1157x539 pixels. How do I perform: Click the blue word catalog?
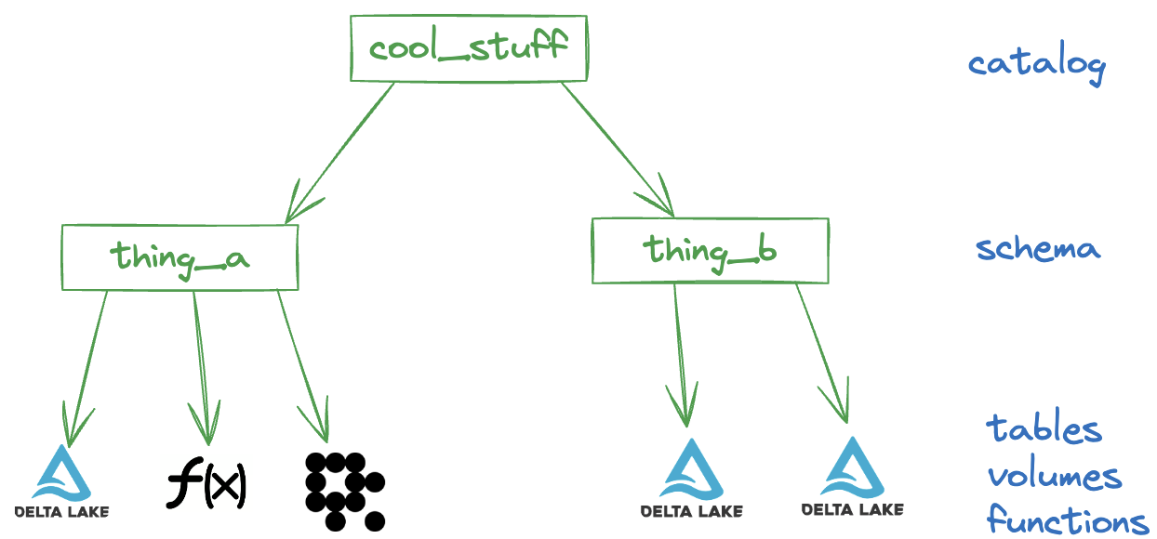tap(1037, 64)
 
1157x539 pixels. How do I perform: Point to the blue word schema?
tap(1038, 248)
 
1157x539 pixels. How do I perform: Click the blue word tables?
tap(1044, 426)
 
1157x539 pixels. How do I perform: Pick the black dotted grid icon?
tap(345, 491)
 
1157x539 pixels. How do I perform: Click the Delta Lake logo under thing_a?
tap(62, 481)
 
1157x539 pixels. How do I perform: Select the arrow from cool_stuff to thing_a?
tap(339, 153)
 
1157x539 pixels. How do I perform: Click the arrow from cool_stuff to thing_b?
tap(618, 150)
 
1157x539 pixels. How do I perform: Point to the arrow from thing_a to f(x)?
tap(202, 369)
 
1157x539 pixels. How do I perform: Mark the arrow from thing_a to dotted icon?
tap(302, 367)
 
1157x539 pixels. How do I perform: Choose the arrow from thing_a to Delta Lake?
tap(87, 369)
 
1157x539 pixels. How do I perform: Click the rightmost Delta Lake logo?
tap(852, 477)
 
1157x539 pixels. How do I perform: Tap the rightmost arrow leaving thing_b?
tap(822, 354)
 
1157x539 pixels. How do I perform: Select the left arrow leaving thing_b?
tap(680, 356)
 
